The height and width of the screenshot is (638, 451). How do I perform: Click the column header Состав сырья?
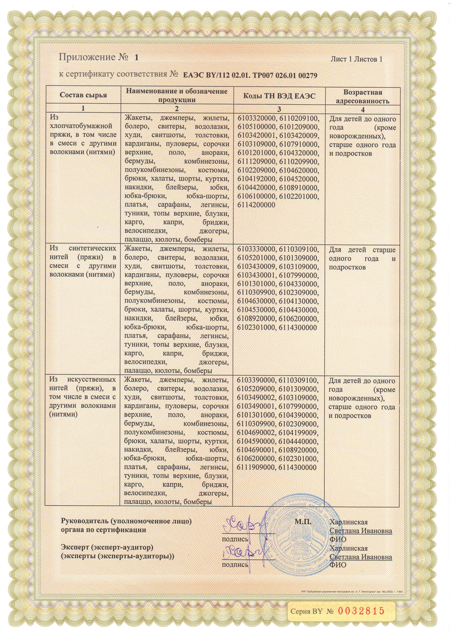pos(83,95)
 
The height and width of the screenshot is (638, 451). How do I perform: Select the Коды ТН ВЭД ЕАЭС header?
pos(279,96)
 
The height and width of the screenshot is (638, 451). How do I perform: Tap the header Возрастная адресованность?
pos(363,97)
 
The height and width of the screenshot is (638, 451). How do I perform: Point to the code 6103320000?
pos(257,119)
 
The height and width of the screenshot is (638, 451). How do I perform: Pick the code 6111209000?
pos(257,162)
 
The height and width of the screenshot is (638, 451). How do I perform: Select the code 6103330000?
pos(257,249)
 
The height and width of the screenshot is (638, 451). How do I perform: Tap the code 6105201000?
pos(257,258)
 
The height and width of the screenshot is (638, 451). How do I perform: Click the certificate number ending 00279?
pos(250,76)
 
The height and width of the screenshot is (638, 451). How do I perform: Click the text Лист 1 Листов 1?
pos(356,59)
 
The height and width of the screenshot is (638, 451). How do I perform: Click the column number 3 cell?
pos(279,108)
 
